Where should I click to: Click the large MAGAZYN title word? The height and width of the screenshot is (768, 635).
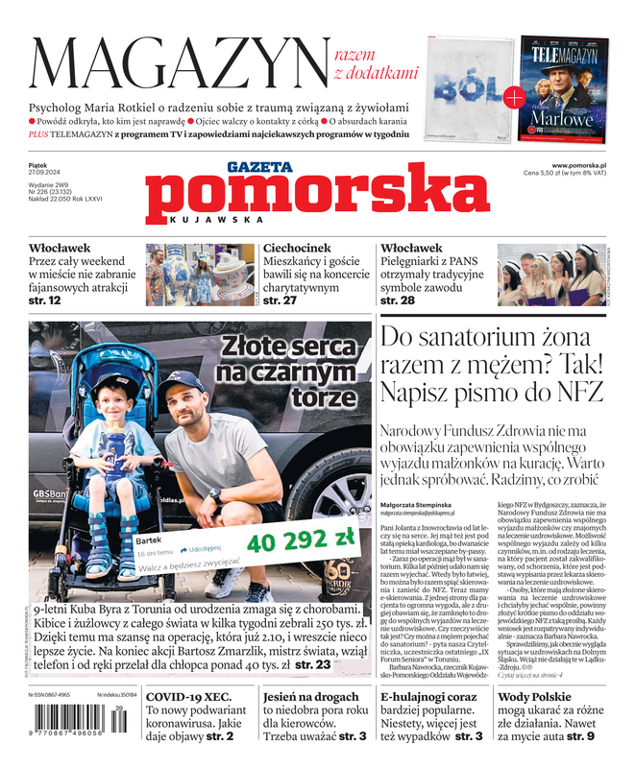[178, 65]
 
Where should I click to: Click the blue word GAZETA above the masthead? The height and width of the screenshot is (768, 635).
[259, 167]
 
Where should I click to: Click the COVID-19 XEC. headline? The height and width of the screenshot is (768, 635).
[189, 699]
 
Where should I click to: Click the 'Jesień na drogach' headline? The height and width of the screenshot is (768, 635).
[312, 699]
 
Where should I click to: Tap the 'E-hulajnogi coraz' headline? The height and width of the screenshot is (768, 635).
[428, 698]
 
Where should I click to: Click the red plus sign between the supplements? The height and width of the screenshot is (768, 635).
[514, 95]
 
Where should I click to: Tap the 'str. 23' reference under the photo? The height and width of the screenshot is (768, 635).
[314, 663]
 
